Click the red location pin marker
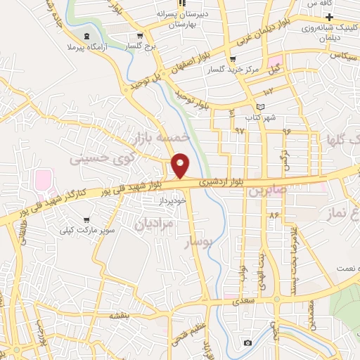tap(181, 165)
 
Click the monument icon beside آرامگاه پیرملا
tap(86, 36)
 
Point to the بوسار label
tap(198, 243)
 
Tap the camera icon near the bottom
tap(247, 342)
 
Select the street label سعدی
tap(256, 300)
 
